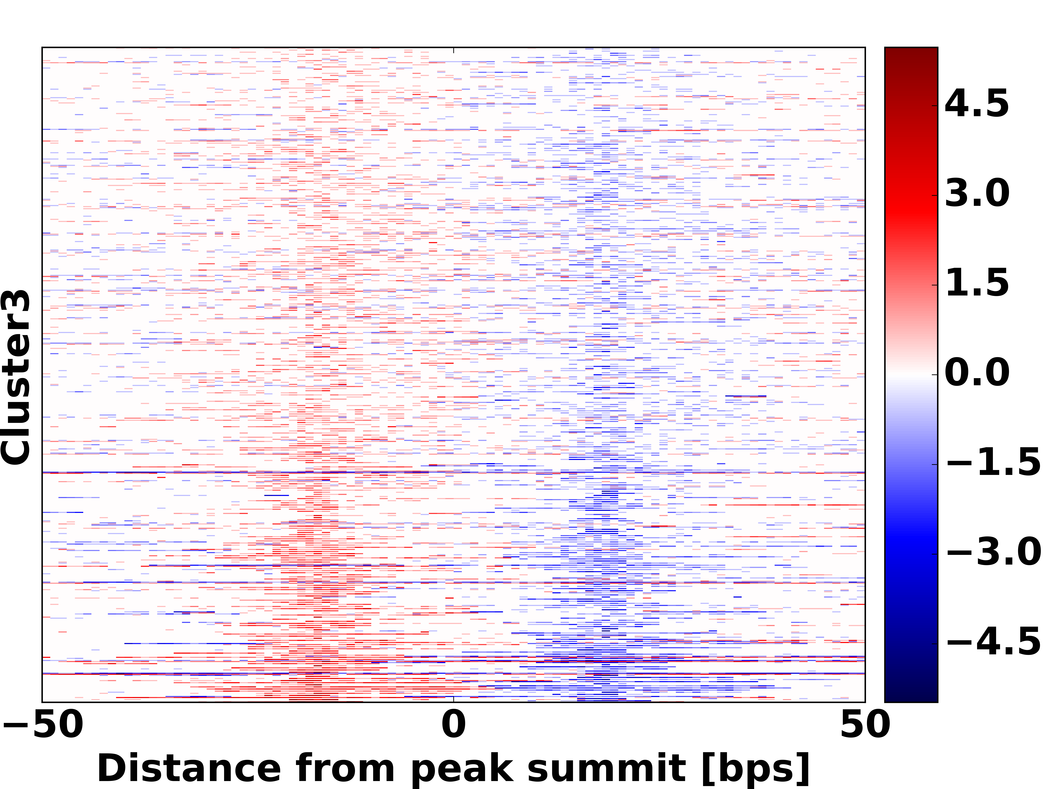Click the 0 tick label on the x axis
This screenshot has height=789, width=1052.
[x=454, y=725]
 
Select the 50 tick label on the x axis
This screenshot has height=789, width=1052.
[x=865, y=725]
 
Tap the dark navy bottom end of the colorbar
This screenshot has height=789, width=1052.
[x=911, y=695]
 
